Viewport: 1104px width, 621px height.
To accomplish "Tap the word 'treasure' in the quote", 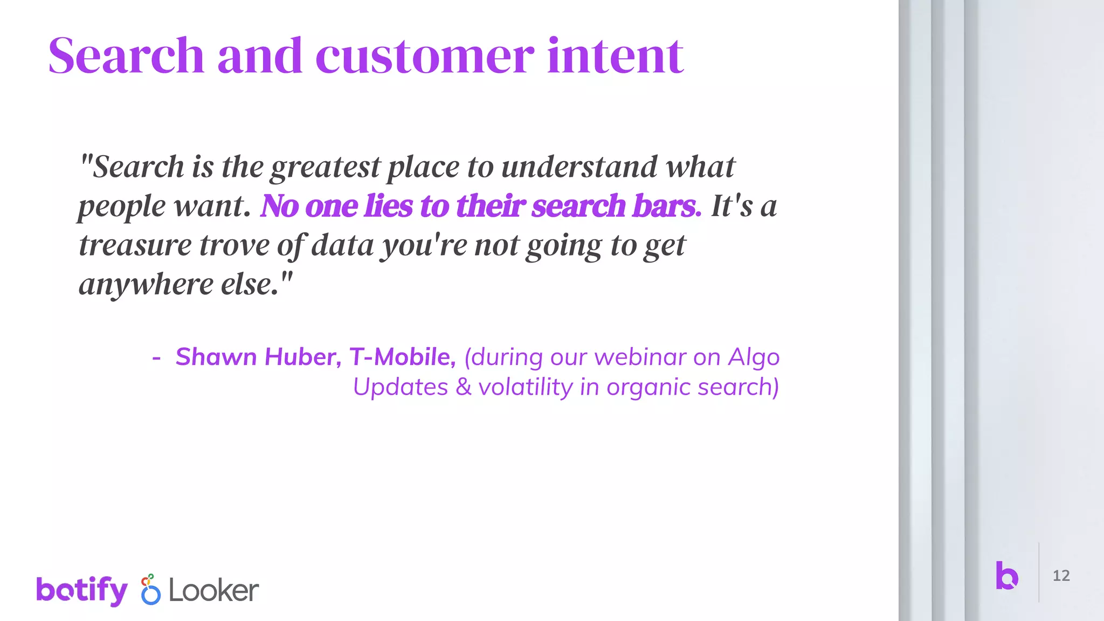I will pos(135,245).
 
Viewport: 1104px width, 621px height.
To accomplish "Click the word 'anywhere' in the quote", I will pos(146,285).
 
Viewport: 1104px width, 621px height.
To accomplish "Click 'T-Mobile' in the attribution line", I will pos(402,357).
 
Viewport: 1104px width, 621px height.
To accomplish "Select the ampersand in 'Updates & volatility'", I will pos(463,387).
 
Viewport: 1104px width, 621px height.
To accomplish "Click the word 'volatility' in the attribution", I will pos(526,387).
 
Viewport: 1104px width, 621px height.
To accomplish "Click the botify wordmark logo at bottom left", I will pos(82,590).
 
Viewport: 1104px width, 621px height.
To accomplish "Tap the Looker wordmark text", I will pos(213,591).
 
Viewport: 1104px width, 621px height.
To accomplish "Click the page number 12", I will pos(1061,576).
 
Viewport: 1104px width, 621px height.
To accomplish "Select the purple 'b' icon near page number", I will pos(1006,575).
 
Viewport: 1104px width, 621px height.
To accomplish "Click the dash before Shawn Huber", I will pos(156,357).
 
